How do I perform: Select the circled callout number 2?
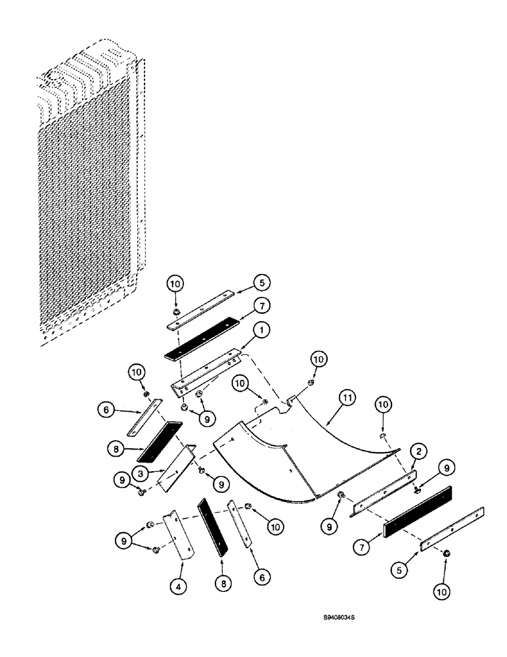coord(416,452)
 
